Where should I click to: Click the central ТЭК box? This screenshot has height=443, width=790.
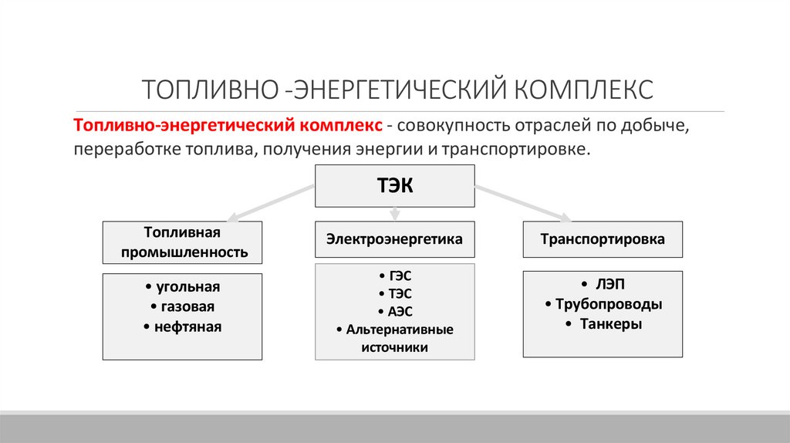click(394, 185)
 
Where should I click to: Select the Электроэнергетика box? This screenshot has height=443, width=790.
click(394, 239)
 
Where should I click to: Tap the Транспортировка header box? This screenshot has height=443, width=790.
click(603, 239)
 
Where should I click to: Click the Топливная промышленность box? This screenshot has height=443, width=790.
click(183, 242)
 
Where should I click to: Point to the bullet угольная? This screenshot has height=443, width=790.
click(183, 287)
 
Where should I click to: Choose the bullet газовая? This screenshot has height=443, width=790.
click(183, 306)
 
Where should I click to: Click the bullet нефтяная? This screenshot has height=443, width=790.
click(183, 326)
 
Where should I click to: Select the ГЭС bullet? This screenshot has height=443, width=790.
click(394, 276)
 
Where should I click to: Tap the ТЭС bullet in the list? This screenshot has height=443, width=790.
click(394, 293)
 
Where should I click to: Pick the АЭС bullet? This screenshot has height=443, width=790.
click(394, 311)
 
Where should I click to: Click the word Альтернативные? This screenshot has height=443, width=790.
click(399, 330)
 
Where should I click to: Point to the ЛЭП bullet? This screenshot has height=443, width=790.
click(603, 284)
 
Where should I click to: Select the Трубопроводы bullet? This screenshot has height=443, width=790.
click(603, 304)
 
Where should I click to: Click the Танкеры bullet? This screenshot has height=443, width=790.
click(603, 324)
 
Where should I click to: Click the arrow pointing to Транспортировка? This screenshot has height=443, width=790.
click(521, 203)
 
